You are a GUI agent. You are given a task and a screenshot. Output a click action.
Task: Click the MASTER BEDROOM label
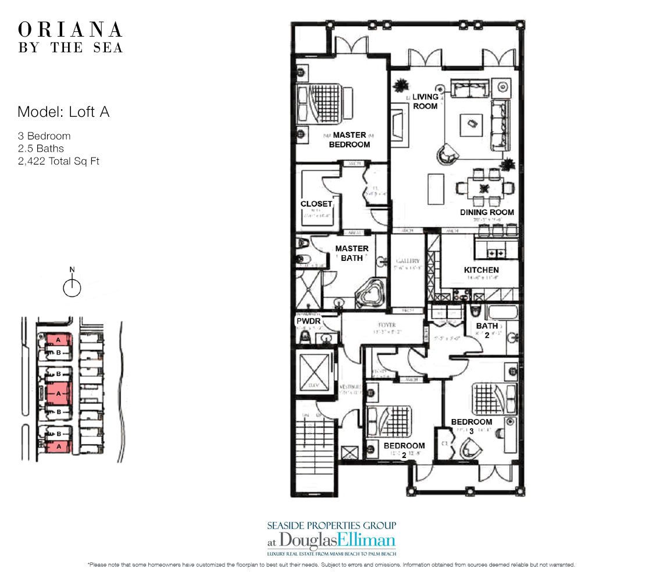pyautogui.click(x=350, y=139)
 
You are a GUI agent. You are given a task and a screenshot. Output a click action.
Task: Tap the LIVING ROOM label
pyautogui.click(x=425, y=101)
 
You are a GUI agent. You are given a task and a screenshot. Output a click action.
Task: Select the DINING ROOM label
pyautogui.click(x=487, y=212)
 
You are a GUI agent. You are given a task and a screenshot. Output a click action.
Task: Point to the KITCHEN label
pyautogui.click(x=481, y=270)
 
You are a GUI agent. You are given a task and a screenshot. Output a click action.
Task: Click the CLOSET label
pyautogui.click(x=316, y=204)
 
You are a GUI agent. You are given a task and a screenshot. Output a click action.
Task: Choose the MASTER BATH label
pyautogui.click(x=352, y=253)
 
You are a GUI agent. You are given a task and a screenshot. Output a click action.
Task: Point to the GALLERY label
pyautogui.click(x=407, y=262)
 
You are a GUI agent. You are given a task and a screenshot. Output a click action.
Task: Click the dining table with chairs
pyautogui.click(x=484, y=188)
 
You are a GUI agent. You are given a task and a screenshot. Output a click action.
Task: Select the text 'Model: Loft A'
pyautogui.click(x=63, y=112)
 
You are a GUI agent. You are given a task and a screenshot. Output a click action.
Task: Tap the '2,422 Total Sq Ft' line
pyautogui.click(x=58, y=161)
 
